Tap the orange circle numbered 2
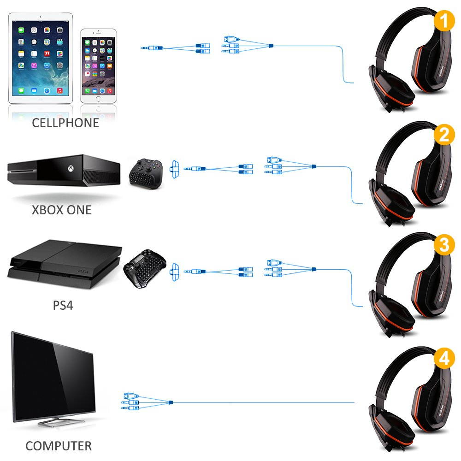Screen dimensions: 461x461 444,135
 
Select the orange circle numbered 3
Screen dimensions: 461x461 444,245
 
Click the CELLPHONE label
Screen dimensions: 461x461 65,123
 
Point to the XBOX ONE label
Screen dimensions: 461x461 62,210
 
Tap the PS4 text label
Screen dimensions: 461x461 63,305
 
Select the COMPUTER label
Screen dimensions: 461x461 59,446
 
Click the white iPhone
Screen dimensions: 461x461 98,66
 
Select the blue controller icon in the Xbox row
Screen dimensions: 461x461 175,169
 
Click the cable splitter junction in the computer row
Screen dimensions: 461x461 171,402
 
